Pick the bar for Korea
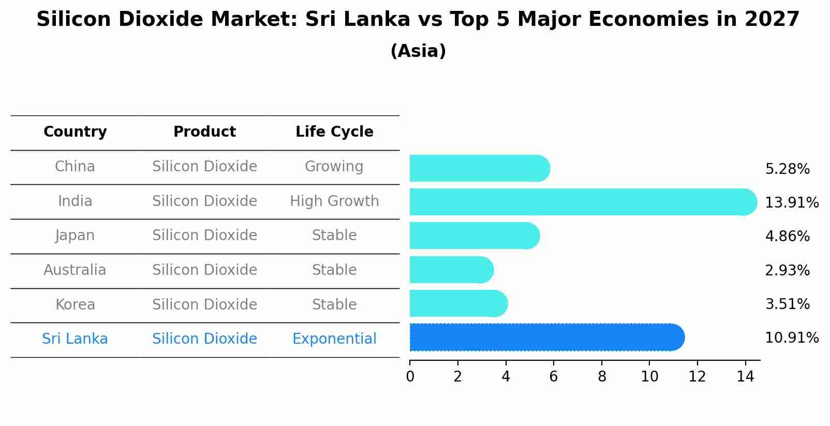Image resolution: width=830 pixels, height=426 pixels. (x=458, y=303)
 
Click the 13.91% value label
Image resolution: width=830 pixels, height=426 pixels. (x=791, y=203)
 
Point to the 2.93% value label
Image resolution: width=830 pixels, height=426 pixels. (x=787, y=270)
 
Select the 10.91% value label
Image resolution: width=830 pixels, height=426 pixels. (x=791, y=338)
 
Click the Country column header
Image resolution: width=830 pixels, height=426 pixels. (x=75, y=132)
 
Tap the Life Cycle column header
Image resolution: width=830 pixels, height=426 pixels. (x=334, y=132)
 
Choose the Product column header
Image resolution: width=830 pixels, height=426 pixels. (x=204, y=132)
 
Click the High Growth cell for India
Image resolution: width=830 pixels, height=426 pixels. (x=334, y=201)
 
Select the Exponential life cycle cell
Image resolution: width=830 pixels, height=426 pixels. (x=334, y=339)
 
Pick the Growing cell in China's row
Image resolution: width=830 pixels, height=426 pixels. (x=334, y=167)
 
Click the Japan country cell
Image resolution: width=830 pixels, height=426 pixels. (x=75, y=236)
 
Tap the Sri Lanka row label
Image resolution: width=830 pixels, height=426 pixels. (x=75, y=339)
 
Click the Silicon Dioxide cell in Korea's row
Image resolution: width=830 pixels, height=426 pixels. (x=204, y=304)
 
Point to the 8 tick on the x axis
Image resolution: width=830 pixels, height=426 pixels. (x=602, y=377)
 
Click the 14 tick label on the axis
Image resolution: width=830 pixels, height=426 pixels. (x=745, y=377)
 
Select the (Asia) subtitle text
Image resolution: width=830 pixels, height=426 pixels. (x=418, y=51)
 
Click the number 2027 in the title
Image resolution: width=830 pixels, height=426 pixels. (x=772, y=20)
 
